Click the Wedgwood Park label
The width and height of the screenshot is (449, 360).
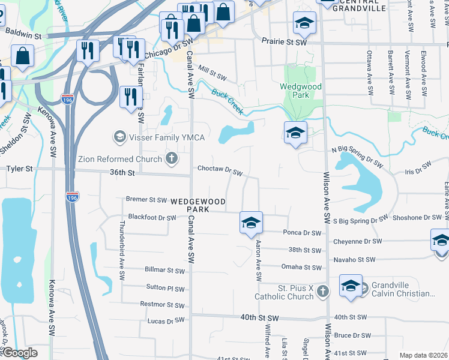coord(301,91)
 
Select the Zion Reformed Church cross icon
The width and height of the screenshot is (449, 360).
coord(172,159)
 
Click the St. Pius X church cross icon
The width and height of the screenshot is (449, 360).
coord(323,292)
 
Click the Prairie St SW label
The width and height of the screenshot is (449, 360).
coord(284,42)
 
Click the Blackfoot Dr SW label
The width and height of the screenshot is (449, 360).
coord(152,217)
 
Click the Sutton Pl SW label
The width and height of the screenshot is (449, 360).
coord(166,289)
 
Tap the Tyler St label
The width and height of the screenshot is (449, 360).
coord(19,170)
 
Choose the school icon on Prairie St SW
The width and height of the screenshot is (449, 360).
coord(304,25)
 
